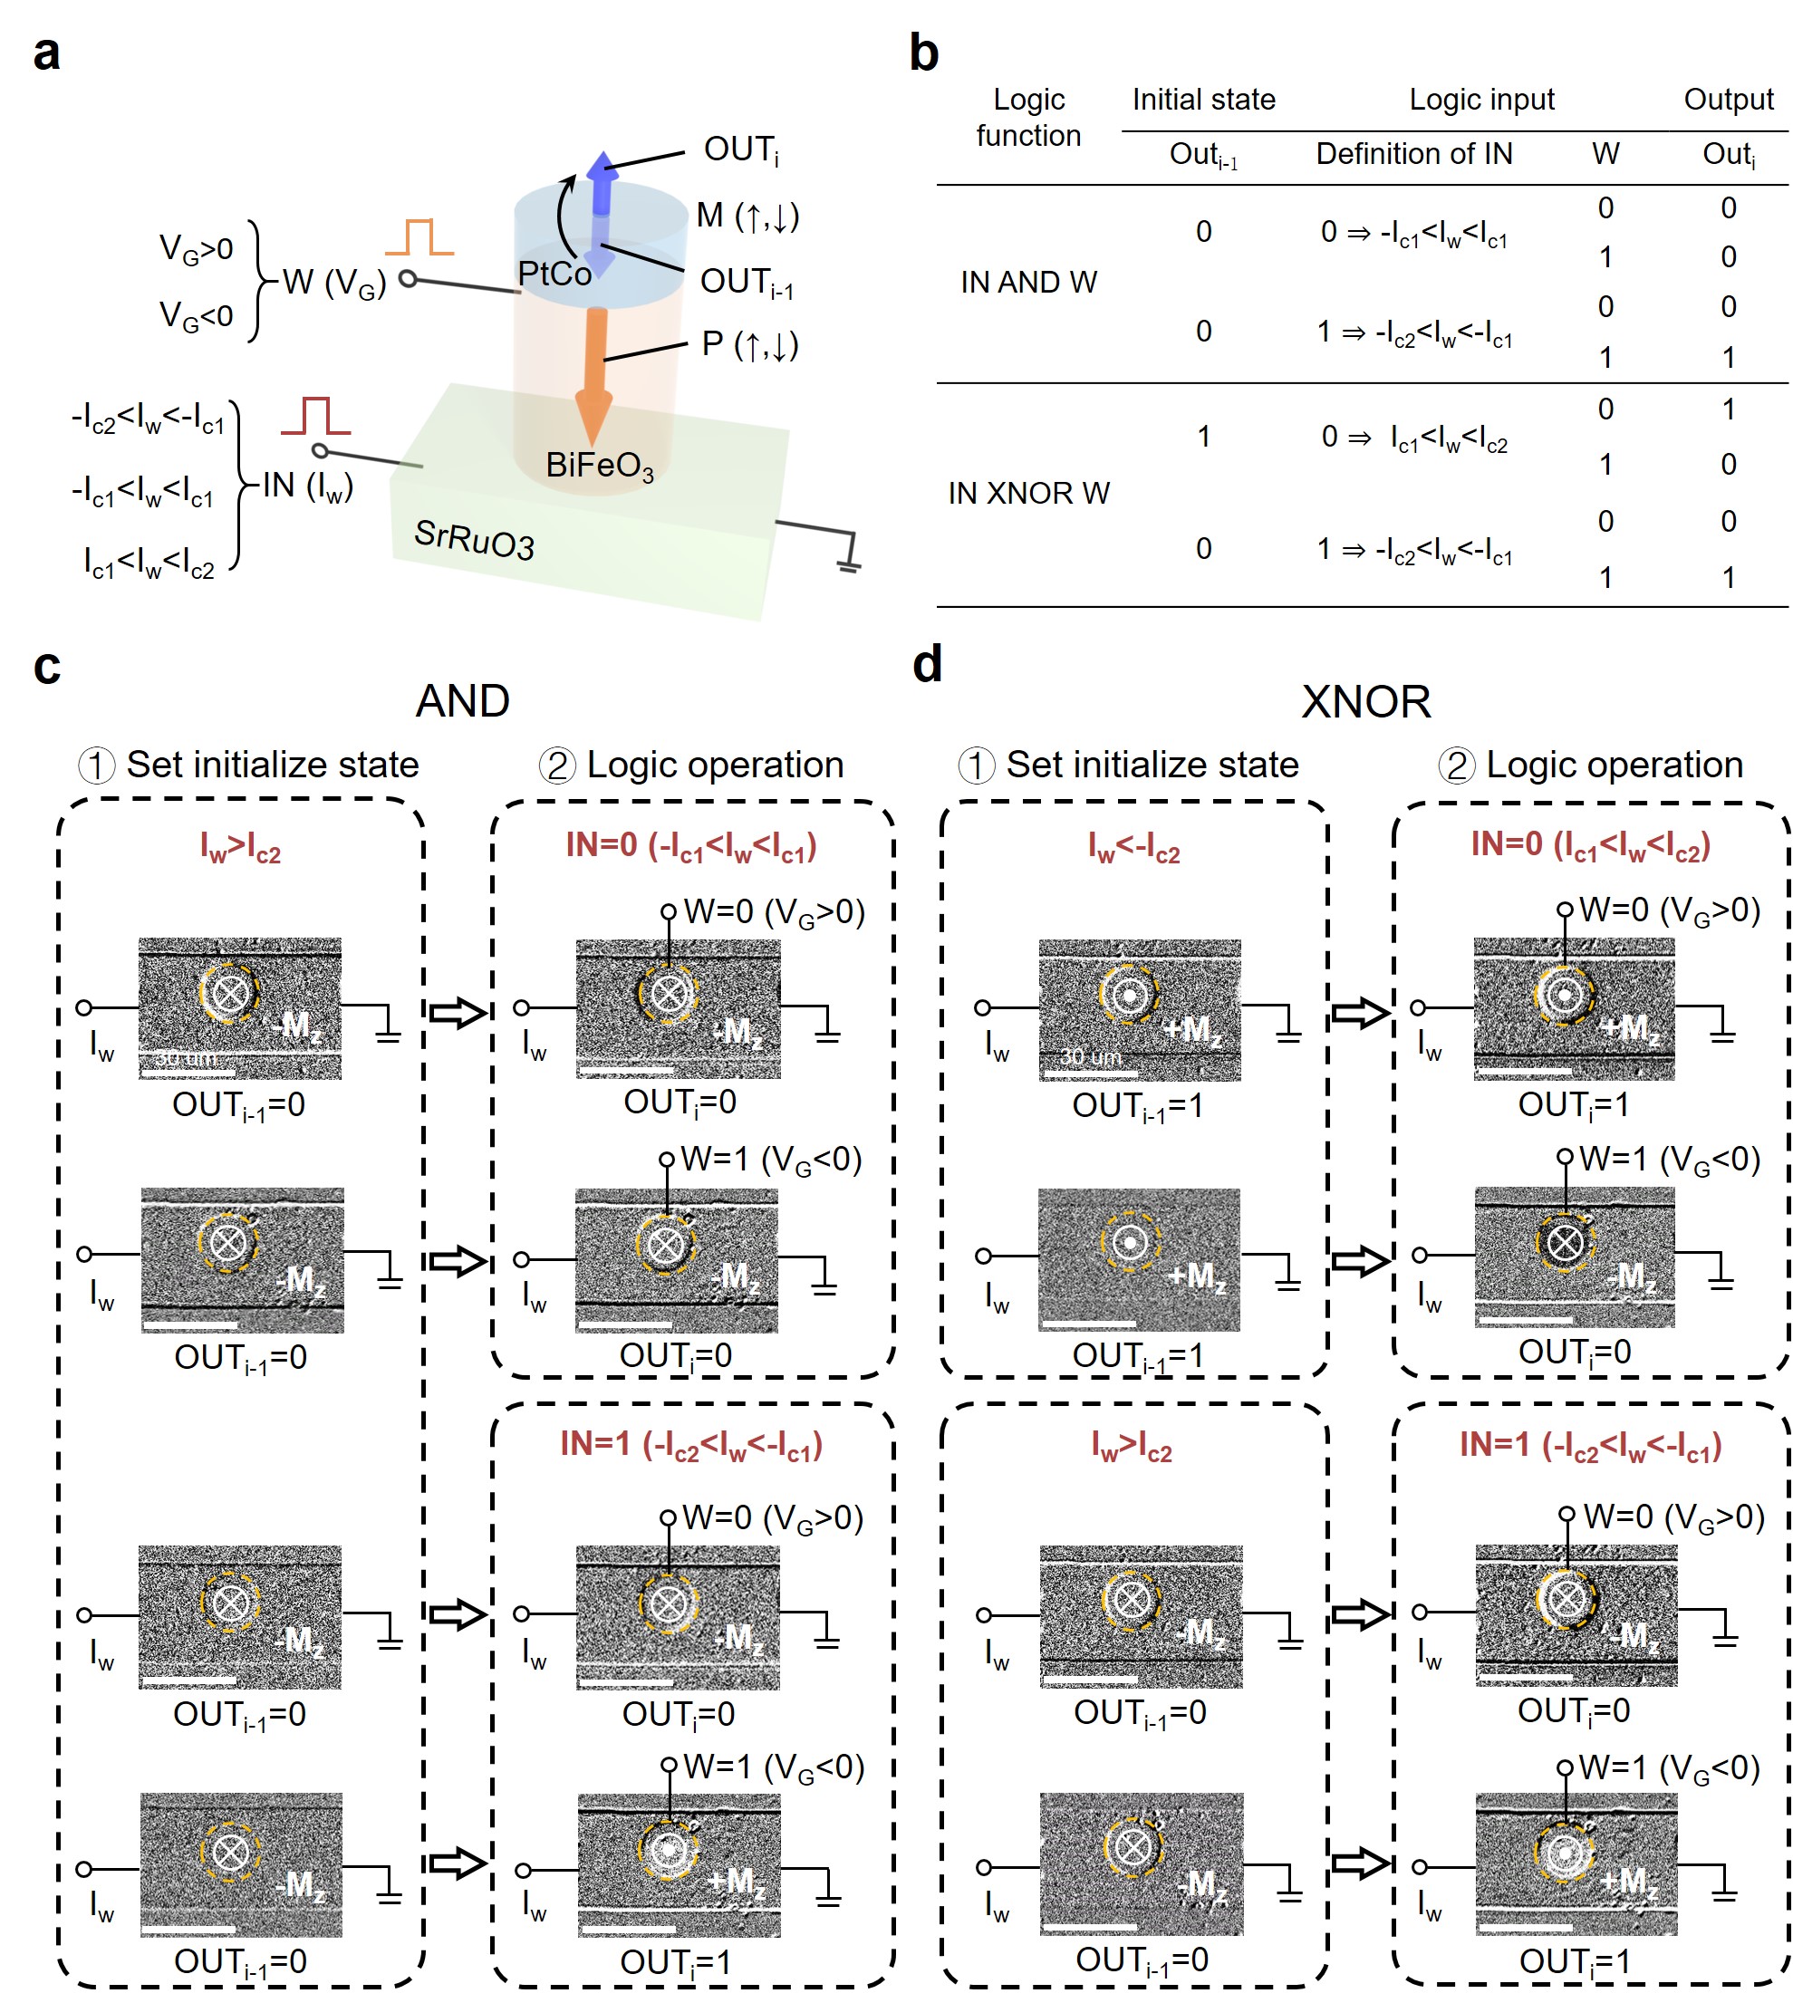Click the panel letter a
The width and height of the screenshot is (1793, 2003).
(46, 53)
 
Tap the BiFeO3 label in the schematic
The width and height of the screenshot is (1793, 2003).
(599, 465)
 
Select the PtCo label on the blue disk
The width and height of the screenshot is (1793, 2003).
(554, 273)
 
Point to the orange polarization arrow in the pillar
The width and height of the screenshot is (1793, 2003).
(594, 374)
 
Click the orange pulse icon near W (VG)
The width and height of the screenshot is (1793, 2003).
(419, 238)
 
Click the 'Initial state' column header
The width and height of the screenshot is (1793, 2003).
(1203, 100)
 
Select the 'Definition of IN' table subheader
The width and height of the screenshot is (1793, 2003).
(1413, 154)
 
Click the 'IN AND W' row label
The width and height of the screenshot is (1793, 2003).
(1028, 283)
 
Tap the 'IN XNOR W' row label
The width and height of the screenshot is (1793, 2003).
(1028, 493)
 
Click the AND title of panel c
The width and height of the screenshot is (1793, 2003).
(463, 701)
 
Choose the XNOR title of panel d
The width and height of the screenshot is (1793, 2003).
(1365, 702)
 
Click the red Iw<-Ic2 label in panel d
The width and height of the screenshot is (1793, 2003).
(1134, 847)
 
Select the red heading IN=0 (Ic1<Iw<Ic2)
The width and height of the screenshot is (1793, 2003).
(1590, 845)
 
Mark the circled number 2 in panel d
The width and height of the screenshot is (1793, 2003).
(1456, 766)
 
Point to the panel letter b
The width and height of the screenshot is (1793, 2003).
(924, 53)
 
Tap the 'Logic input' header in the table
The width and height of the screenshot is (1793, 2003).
(1481, 100)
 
